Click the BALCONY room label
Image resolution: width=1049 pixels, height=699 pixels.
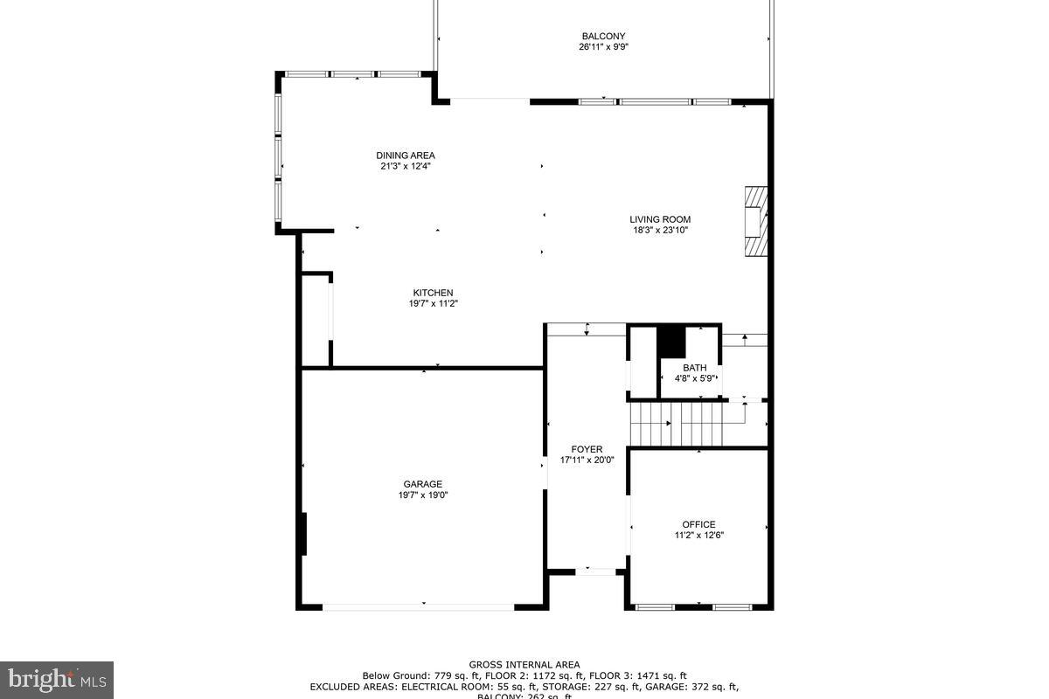coord(603,36)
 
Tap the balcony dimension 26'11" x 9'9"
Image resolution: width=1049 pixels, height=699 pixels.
coord(603,47)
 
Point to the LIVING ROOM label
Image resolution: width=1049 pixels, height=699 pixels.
coord(660,219)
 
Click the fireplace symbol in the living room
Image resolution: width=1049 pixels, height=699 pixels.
coord(755,221)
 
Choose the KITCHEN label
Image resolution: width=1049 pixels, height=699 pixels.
coord(433,293)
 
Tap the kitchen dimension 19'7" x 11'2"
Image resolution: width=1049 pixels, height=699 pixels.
coord(433,304)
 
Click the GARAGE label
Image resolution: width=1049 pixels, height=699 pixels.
coord(422,484)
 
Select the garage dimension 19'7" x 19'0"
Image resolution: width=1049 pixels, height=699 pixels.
coord(422,495)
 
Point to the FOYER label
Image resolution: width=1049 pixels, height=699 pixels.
coord(587,449)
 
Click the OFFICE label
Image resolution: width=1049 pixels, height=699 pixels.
coord(698,524)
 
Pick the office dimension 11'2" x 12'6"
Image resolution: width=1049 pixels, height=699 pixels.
coord(698,536)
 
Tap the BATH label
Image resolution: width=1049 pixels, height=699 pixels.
coord(695,368)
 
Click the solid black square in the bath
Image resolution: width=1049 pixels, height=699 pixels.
coord(671,341)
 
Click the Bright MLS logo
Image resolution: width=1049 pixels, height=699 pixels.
coord(57,679)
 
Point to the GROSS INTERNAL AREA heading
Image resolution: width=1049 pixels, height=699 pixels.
coord(524,665)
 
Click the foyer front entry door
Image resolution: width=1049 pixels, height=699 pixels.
coord(595,571)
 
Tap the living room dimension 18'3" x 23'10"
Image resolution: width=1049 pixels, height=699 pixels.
coord(660,231)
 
